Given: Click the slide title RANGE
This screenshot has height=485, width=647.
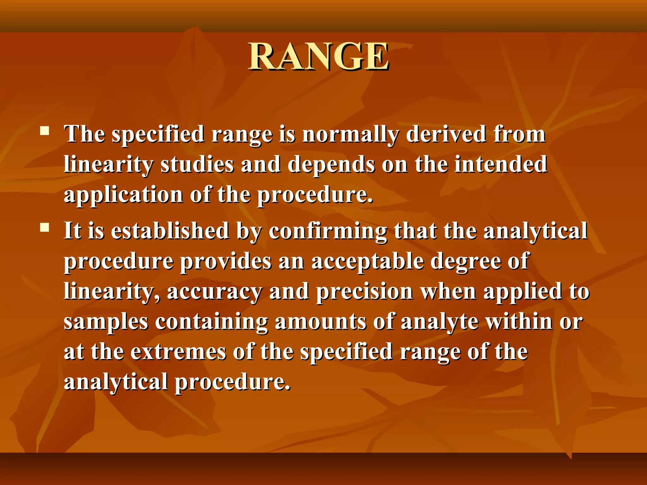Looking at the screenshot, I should click(x=318, y=57).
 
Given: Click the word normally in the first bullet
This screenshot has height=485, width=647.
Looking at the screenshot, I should click(x=350, y=135).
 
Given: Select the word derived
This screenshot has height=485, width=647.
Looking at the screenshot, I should click(x=445, y=134).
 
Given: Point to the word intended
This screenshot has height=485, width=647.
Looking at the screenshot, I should click(x=500, y=165).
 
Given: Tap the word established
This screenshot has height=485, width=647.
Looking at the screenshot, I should click(x=170, y=231).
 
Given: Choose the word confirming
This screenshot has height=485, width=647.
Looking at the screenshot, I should click(x=328, y=231).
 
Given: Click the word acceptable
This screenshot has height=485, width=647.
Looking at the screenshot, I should click(x=367, y=261).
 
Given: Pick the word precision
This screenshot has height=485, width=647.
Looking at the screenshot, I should click(x=365, y=292).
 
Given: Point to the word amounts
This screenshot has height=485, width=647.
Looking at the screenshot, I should click(x=320, y=321).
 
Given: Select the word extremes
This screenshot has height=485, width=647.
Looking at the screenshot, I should click(x=178, y=352).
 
